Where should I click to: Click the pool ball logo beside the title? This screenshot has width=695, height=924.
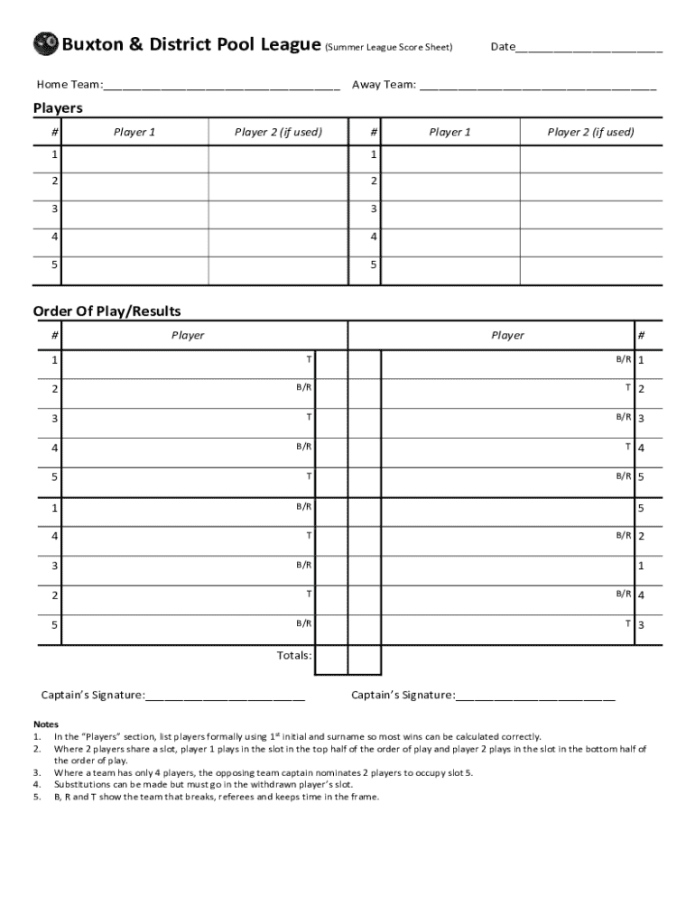(x=45, y=44)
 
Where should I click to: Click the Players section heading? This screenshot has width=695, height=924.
(x=58, y=108)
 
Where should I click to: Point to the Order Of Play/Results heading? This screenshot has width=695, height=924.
(x=107, y=311)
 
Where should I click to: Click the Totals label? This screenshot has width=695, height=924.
(x=294, y=655)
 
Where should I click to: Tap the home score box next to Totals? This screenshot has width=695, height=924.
(x=330, y=660)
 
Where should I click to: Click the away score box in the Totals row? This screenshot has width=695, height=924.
(x=364, y=660)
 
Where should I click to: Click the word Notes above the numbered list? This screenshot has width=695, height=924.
(x=46, y=725)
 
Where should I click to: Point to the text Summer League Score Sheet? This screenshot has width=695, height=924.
(x=389, y=47)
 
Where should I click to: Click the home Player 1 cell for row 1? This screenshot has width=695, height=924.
(x=135, y=158)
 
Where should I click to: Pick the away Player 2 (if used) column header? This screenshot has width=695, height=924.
(x=590, y=133)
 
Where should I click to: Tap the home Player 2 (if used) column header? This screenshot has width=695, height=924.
(x=278, y=133)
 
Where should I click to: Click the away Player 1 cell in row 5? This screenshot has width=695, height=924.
(x=450, y=270)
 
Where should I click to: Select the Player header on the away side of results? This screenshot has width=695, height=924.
(x=507, y=336)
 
